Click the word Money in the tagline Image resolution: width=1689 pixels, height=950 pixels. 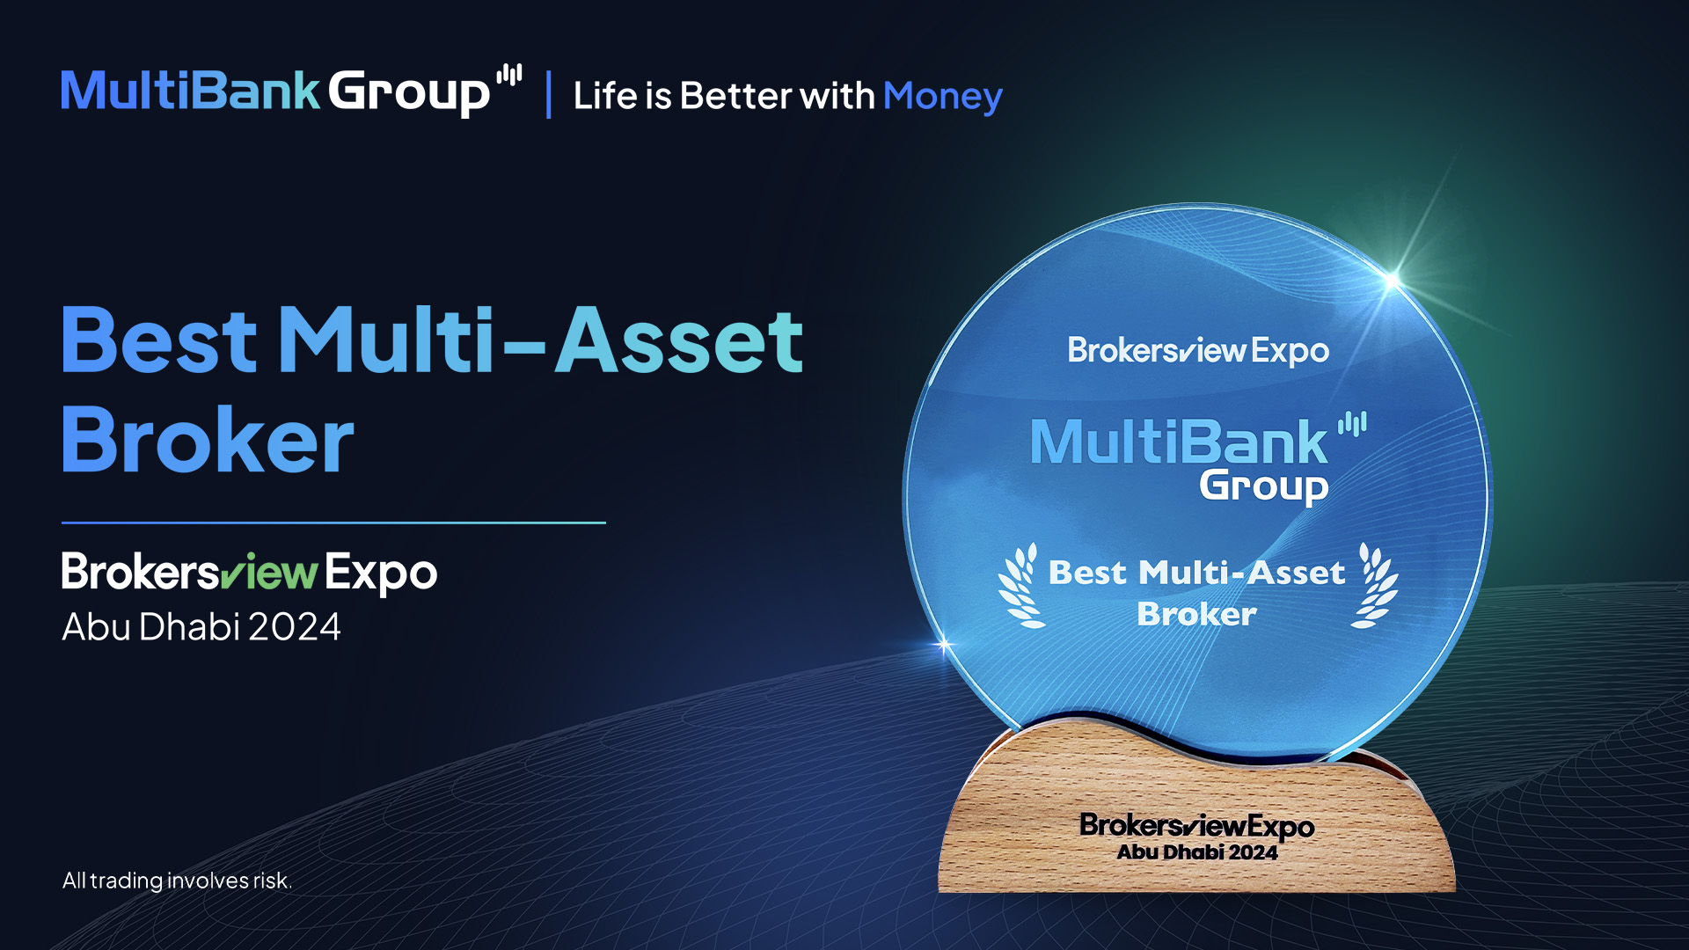point(942,97)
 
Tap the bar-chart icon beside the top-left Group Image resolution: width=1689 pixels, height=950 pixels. point(509,75)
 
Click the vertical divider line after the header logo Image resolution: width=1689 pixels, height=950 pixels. point(549,95)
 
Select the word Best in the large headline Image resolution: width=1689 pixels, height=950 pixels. point(159,340)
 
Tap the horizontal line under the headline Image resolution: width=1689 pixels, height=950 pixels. point(333,522)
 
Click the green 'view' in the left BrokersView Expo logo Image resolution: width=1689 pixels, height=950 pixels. point(268,573)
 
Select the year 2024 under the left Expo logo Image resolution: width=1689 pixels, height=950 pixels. point(295,627)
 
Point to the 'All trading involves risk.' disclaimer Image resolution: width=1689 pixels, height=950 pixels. point(177,881)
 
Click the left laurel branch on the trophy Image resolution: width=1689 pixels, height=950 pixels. point(1020,586)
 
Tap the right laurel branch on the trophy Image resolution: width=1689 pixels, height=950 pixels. point(1375,586)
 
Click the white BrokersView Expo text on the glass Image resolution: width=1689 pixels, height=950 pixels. point(1198,350)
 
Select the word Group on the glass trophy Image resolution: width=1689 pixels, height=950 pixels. point(1263,486)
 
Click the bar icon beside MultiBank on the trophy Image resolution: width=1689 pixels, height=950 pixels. point(1352,425)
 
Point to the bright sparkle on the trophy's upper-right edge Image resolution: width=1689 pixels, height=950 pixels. point(1392,281)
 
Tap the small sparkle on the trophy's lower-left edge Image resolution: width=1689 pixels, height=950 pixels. point(944,646)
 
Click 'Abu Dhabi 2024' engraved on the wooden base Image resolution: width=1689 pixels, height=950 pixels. point(1197,852)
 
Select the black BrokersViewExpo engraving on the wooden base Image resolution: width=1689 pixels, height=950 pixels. point(1197,826)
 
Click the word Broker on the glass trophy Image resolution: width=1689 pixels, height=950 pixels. point(1197,614)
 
